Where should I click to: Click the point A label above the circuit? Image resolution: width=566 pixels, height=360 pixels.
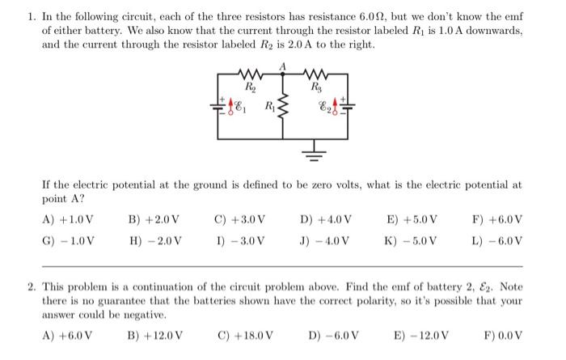[x=283, y=64]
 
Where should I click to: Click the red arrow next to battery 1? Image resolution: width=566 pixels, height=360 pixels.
[x=231, y=105]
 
